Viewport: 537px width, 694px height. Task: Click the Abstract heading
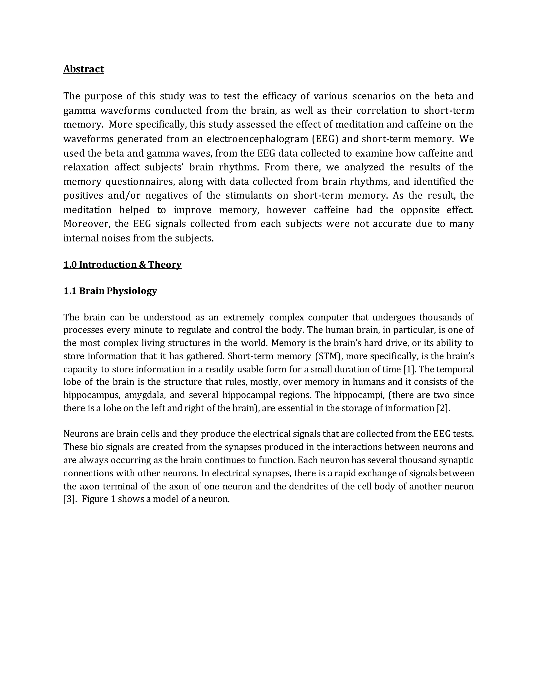click(83, 69)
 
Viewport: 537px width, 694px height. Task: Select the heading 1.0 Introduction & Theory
click(122, 265)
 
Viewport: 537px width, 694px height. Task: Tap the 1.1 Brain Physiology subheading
click(110, 291)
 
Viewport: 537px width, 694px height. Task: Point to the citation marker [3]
click(70, 499)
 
